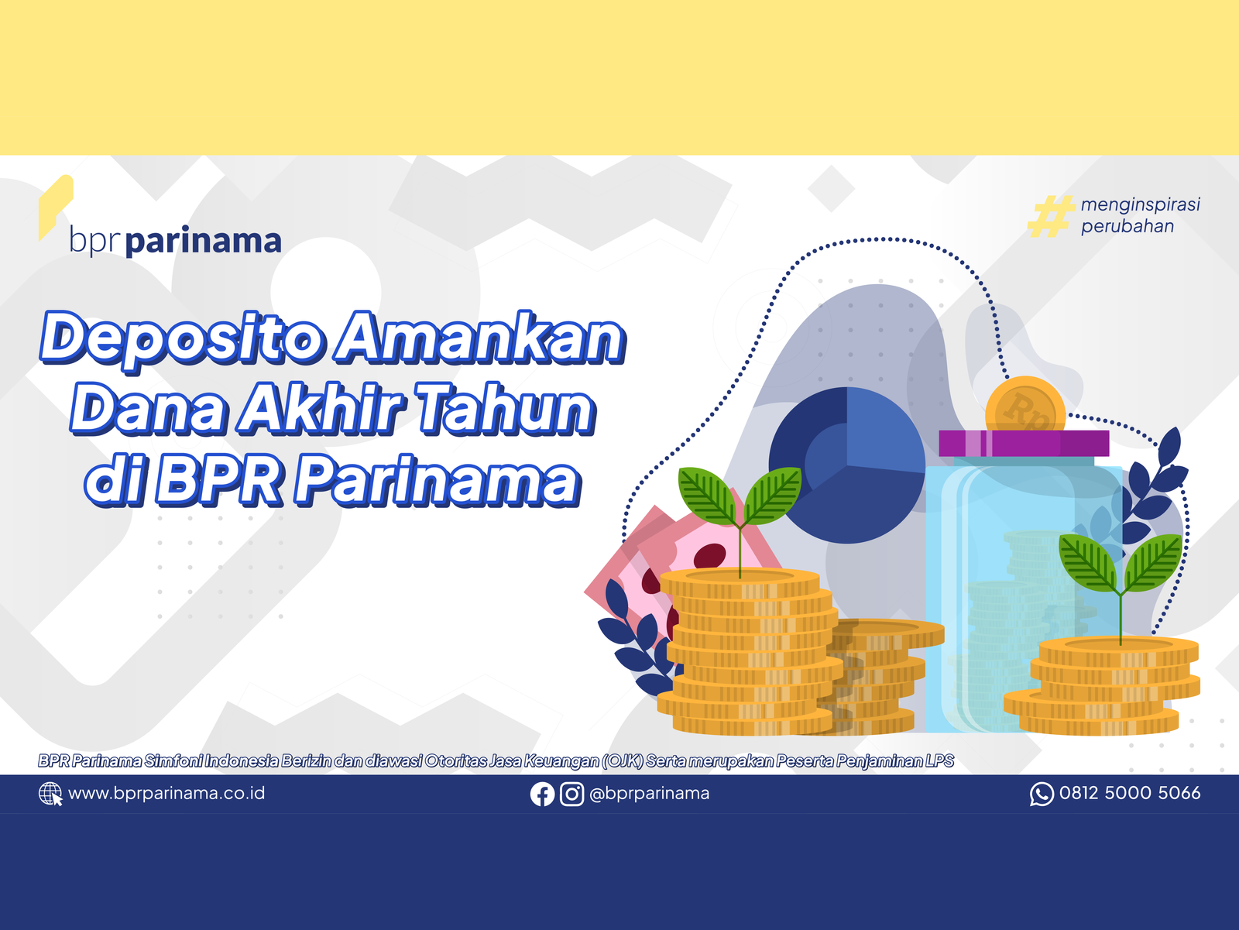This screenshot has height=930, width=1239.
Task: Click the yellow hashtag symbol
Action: tap(1051, 216)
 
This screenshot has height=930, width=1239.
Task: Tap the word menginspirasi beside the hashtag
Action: tap(1140, 205)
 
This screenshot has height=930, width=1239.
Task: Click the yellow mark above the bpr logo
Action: tap(55, 207)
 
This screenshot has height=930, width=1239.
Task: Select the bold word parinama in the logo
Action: tap(203, 242)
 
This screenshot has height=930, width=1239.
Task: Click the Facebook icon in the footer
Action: tap(542, 794)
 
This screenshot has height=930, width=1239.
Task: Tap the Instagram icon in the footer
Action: tap(571, 794)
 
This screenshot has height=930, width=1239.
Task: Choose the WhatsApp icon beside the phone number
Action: tap(1042, 794)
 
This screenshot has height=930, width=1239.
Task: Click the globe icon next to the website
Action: tap(50, 794)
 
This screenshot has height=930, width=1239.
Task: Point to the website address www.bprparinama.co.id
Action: tap(166, 794)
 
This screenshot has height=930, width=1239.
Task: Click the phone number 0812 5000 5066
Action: tap(1130, 793)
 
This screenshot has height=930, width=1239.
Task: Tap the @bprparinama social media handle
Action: tap(649, 794)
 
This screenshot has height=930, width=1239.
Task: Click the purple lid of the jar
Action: tap(1024, 443)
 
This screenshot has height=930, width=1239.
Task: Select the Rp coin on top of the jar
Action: tap(1025, 405)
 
